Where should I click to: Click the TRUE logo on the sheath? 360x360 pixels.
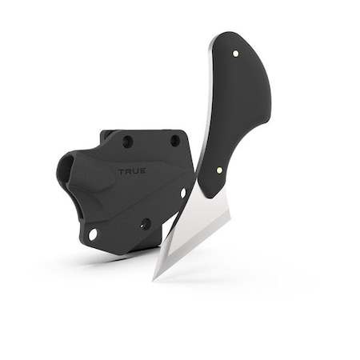pos(132,171)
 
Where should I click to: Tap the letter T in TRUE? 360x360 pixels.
pos(122,171)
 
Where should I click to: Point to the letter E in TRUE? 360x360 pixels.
pos(142,171)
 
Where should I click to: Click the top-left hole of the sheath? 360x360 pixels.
pos(127,142)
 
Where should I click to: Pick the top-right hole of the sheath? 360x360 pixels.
pos(174,141)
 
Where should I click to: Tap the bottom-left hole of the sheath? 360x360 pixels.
pos(93,234)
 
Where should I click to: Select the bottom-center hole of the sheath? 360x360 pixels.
pos(146,224)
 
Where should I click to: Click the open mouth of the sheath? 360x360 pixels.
pos(66,170)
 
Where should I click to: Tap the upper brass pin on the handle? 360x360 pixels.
pos(235,54)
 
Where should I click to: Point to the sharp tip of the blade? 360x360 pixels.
pos(154,279)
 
